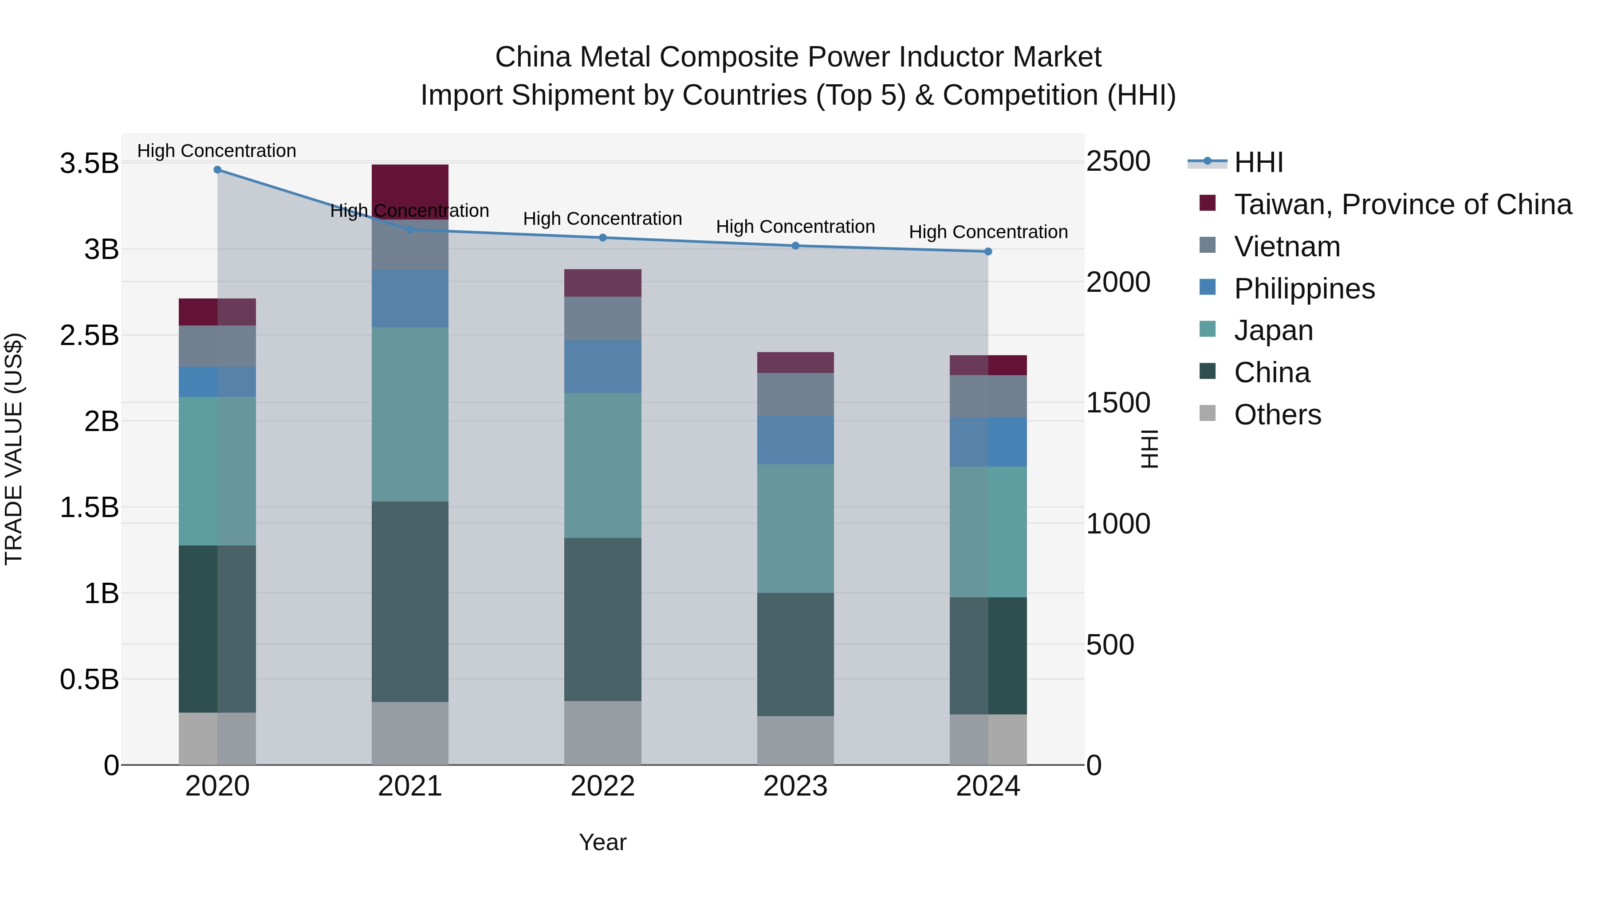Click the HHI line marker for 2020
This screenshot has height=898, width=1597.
pos(217,170)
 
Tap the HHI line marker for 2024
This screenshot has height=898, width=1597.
pos(988,251)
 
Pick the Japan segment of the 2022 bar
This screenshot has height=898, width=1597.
pos(602,465)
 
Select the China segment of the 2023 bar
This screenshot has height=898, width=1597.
pos(795,655)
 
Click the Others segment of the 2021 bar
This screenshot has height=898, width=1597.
pos(410,733)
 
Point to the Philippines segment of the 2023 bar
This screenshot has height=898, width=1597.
pos(795,440)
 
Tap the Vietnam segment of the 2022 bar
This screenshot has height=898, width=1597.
pos(602,318)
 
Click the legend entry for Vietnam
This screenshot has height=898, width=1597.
pos(1286,247)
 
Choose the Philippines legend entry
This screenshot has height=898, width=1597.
pos(1304,289)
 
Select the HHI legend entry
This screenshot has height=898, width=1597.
pos(1258,162)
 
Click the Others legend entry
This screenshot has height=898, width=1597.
pos(1277,415)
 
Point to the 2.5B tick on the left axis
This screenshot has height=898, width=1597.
pos(89,335)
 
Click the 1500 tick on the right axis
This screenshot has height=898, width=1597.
pos(1118,403)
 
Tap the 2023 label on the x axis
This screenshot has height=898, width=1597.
pos(795,786)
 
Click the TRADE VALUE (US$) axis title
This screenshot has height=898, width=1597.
pos(14,449)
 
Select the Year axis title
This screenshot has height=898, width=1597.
pos(602,842)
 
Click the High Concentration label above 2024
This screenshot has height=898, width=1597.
pos(988,232)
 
